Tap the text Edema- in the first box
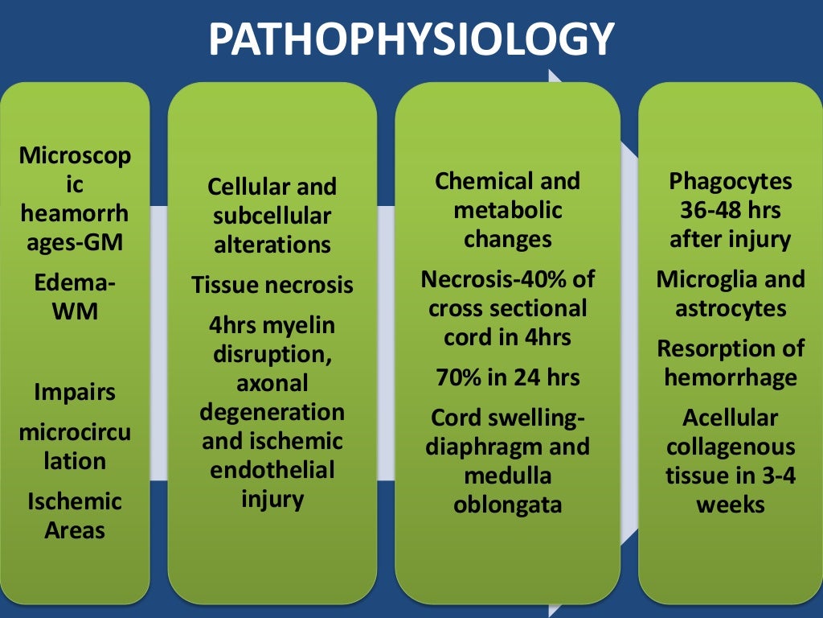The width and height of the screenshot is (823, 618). coord(75,282)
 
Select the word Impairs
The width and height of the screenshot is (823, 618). coord(75,393)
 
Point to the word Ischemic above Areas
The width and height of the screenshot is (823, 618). coord(75,501)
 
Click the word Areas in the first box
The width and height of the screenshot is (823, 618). coord(75,530)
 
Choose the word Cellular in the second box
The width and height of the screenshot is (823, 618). coord(246,187)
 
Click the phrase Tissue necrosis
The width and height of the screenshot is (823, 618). coord(272,285)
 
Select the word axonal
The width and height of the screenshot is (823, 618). coord(272,385)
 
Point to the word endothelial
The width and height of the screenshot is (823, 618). coord(272,470)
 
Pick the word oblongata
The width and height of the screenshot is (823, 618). coord(507,505)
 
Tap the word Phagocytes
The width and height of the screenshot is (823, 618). coord(731,181)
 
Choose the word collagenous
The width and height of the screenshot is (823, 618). coord(731,447)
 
